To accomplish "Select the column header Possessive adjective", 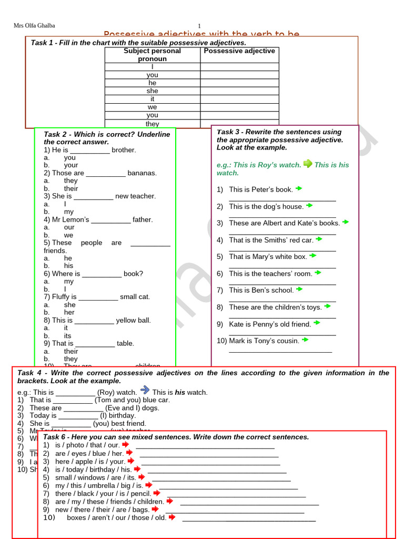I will tap(239, 51).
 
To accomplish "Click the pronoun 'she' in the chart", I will tap(153, 91).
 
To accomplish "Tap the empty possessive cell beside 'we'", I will tap(239, 107).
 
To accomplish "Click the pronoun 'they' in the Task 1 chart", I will tap(153, 124).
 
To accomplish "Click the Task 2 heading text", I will tap(107, 138).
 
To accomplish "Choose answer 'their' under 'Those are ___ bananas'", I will tap(71, 188).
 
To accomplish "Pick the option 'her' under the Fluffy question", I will tap(69, 312).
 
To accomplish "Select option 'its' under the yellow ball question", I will tap(68, 336).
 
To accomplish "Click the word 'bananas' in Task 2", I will tap(142, 173).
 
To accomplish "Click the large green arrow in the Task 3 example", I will tap(308, 164).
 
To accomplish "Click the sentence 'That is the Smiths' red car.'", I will tap(271, 240).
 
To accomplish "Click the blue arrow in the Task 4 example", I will tap(145, 391).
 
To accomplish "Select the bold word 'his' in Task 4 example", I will tap(180, 393).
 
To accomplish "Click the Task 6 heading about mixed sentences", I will tap(176, 437).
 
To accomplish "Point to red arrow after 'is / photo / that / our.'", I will tap(125, 444).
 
